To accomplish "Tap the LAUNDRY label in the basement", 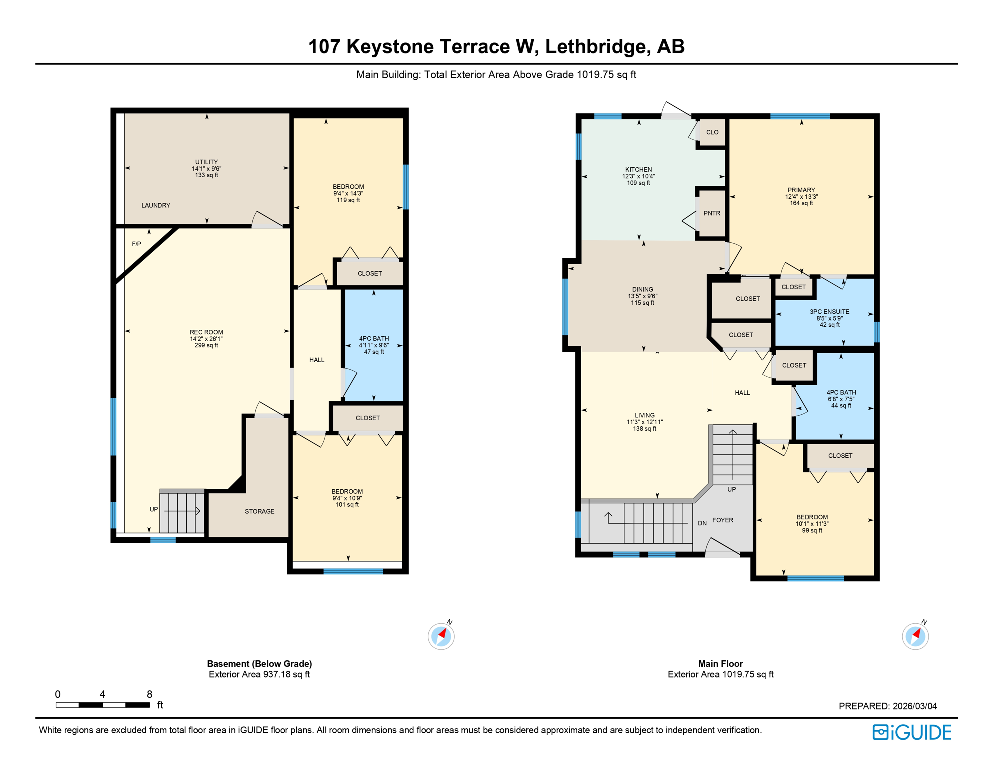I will click(x=156, y=205).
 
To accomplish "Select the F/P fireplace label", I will click(x=136, y=244).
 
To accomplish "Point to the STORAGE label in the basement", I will click(x=259, y=511).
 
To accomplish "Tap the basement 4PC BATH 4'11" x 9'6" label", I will click(x=374, y=345).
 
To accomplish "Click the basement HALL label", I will click(x=317, y=360).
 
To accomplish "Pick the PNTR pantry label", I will click(x=712, y=213).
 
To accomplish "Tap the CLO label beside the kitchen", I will click(x=712, y=132).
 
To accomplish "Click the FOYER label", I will click(x=723, y=520).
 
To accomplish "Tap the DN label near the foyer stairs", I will click(x=702, y=523).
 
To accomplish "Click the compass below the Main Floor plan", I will click(x=915, y=636).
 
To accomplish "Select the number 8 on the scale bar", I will click(x=149, y=694).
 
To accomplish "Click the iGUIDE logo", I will click(x=912, y=732).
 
